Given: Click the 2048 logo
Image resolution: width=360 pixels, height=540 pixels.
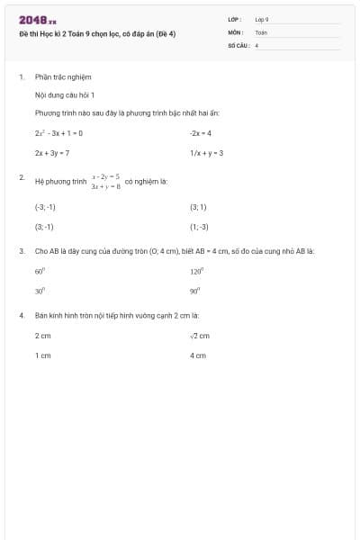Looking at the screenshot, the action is click(x=37, y=20).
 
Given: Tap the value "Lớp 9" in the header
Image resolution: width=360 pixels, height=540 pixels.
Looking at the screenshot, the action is click(x=262, y=19).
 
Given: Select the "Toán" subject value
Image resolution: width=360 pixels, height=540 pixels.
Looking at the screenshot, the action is click(x=261, y=31).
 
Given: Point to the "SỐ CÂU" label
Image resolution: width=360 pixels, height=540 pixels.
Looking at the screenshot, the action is click(x=238, y=44).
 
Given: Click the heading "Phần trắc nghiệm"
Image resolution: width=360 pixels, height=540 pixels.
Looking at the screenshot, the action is click(x=63, y=77).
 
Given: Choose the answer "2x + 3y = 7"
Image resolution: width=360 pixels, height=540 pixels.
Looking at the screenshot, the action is click(x=52, y=153).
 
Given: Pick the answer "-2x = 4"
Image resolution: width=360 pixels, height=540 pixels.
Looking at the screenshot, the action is click(x=200, y=132).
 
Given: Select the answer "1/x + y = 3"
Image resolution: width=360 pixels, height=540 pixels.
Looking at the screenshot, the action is click(x=206, y=153).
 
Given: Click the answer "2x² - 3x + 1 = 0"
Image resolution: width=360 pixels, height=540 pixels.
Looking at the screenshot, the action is click(x=58, y=132).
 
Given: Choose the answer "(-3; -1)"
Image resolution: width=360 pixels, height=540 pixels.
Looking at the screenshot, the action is click(x=45, y=206).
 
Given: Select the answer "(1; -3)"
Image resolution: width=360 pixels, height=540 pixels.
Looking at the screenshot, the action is click(x=199, y=227).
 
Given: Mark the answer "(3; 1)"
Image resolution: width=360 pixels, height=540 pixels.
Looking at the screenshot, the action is click(x=198, y=206).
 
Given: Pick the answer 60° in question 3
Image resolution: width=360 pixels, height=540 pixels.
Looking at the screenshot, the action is click(x=40, y=271).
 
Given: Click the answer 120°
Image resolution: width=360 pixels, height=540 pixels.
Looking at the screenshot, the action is click(x=196, y=271).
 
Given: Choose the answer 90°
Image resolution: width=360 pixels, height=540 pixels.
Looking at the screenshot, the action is click(x=194, y=292).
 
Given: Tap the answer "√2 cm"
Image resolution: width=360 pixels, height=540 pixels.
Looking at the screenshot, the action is click(x=199, y=336).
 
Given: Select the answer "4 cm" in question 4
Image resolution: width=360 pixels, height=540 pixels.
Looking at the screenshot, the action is click(x=197, y=355).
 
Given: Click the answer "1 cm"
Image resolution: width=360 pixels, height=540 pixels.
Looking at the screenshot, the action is click(x=43, y=355).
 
